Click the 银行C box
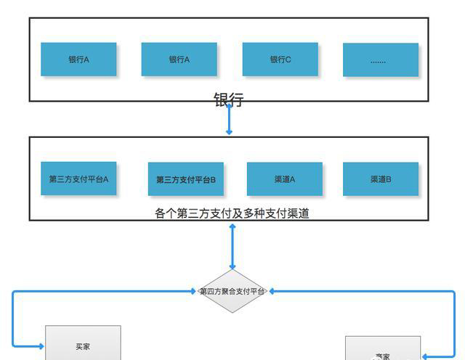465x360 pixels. click(280, 60)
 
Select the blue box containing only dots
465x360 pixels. click(380, 60)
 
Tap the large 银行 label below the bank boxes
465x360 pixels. click(228, 100)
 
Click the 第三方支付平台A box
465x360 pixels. click(78, 179)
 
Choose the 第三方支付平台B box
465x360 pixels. click(185, 179)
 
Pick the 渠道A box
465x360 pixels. click(284, 179)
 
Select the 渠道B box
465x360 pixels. click(381, 179)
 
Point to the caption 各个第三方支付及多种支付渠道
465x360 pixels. click(232, 213)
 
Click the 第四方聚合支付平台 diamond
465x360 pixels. click(232, 291)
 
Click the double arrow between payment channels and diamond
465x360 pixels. click(232, 247)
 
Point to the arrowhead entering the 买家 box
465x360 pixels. click(41, 347)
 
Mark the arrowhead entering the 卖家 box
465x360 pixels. click(425, 356)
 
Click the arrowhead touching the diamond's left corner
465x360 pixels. click(195, 291)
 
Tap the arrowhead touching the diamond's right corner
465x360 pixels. click(270, 291)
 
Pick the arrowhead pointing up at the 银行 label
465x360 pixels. click(229, 107)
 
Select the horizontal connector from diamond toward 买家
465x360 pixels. click(102, 291)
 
